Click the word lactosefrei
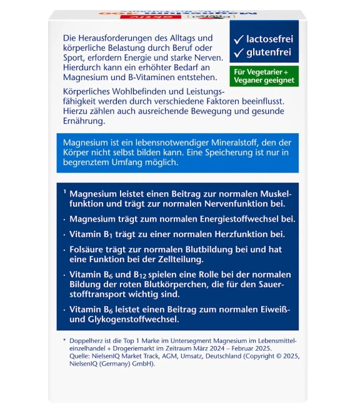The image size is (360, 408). pos(269,38)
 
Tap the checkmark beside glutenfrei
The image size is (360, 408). pos(238,53)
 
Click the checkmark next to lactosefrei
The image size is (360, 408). pos(238,39)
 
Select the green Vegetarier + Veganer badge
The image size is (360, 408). pos(263,76)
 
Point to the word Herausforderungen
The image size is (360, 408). pos(119,39)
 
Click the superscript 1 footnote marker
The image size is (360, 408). pos(64,193)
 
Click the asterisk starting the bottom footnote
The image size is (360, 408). pos(64,340)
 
